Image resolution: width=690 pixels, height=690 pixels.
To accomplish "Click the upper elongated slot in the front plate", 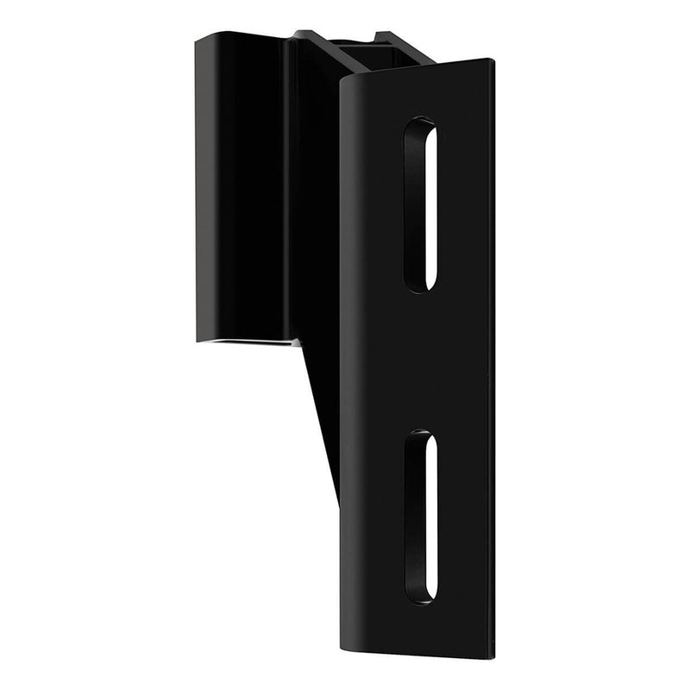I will click(x=420, y=204).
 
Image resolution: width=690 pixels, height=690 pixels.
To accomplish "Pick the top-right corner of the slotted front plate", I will click(x=492, y=60).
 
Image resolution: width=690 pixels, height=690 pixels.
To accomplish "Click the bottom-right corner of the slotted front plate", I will click(x=494, y=657).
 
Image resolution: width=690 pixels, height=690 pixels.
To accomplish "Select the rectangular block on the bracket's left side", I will click(x=240, y=185).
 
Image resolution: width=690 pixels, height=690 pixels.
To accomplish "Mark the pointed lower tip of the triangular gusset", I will click(x=336, y=499).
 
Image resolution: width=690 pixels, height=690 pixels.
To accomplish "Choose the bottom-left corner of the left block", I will click(x=198, y=339).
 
